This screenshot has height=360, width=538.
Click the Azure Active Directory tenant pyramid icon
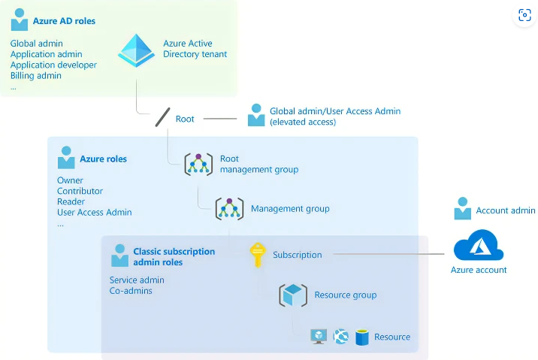136,50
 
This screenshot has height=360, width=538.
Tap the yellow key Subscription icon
258,254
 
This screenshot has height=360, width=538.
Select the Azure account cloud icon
478,246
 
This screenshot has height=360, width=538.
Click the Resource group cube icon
292,295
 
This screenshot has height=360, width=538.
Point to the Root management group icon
198,164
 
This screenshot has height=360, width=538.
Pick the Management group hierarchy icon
229,208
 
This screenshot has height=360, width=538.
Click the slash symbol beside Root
162,118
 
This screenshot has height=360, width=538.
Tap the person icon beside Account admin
462,210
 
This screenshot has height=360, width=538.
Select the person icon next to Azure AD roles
19,20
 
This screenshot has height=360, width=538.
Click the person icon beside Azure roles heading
66,158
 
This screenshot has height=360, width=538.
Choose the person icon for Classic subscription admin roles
119,256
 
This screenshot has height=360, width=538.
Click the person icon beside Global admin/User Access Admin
256,115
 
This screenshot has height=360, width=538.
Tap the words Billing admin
35,76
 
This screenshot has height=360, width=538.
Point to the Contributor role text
80,191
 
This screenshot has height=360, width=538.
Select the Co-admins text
131,291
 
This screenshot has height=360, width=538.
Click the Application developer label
53,65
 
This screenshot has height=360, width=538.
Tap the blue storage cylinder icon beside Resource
362,337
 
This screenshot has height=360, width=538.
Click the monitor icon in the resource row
319,337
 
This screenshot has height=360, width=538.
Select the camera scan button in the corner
524,16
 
